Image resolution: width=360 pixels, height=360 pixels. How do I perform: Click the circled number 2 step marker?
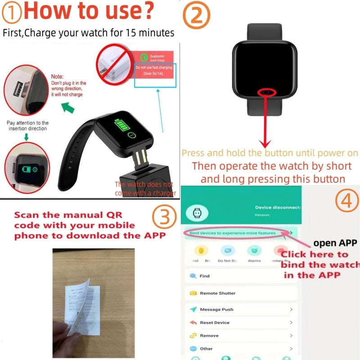click(197, 17)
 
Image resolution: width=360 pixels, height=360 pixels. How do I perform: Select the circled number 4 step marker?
click(346, 201)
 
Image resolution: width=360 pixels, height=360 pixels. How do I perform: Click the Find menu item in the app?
click(205, 276)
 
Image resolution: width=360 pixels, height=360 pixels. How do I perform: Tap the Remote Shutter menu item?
click(217, 293)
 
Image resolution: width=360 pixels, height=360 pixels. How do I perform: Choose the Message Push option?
click(216, 310)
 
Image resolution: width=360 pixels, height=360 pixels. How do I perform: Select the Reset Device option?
click(215, 323)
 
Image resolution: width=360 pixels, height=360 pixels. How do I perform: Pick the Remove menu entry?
click(209, 336)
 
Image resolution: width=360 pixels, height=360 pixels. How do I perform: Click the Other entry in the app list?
click(207, 349)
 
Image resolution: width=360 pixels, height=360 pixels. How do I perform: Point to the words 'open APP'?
click(335, 243)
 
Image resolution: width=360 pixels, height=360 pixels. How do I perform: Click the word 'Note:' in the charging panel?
click(58, 77)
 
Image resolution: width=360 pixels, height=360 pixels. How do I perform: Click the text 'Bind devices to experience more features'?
click(232, 234)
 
